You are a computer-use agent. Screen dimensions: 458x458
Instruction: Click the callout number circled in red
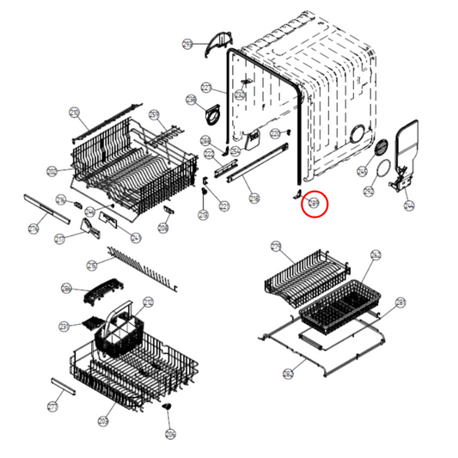click(x=314, y=204)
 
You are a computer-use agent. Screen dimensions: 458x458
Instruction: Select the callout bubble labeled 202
click(x=52, y=172)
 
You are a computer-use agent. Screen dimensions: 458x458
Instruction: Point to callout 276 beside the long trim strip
click(x=34, y=229)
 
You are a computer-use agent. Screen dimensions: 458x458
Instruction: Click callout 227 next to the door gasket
click(x=206, y=88)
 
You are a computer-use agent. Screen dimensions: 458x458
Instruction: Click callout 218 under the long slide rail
click(x=254, y=198)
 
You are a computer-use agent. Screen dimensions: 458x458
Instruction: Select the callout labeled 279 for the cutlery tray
click(x=276, y=247)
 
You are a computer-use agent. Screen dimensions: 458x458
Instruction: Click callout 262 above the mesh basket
click(x=376, y=255)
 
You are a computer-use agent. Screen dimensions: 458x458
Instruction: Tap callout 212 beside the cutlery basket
click(x=148, y=302)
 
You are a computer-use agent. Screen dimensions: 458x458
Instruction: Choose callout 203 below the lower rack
click(x=103, y=420)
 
